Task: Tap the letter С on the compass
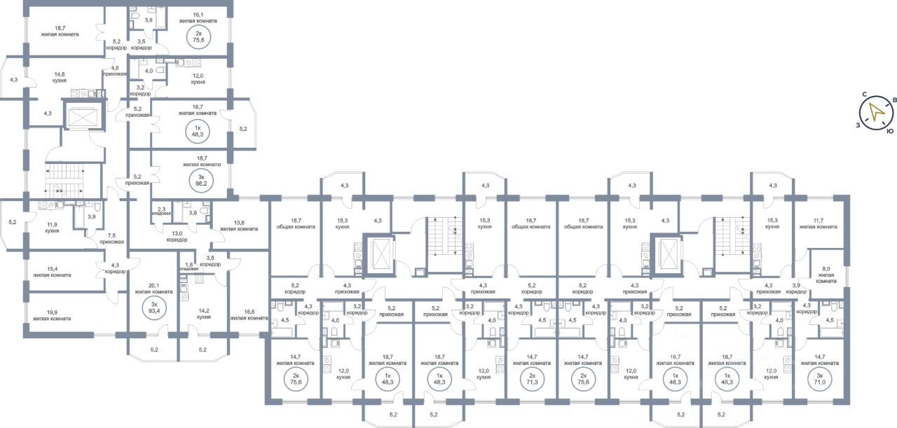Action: coord(865,94)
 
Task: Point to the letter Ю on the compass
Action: coord(889,131)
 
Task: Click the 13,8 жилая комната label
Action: coord(239,224)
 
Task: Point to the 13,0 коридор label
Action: coord(177,236)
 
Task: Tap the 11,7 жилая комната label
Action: coord(819,223)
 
